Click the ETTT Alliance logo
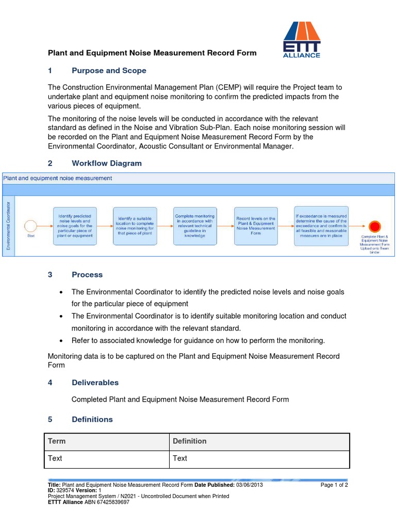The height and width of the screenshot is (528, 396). (302, 40)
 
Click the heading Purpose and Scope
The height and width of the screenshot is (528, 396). (109, 71)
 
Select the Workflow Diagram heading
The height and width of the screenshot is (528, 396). (106, 163)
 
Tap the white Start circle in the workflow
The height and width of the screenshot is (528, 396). (30, 226)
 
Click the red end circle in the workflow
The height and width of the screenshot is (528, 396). (375, 226)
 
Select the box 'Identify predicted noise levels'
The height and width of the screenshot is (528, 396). (75, 225)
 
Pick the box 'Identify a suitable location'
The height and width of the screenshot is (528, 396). (135, 225)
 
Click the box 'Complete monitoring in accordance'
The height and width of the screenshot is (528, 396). (195, 225)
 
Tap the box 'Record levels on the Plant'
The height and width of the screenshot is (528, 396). (255, 225)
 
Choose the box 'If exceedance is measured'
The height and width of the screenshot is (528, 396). (321, 225)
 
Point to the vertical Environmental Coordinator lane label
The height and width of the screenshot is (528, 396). (8, 226)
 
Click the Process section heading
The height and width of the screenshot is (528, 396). (87, 275)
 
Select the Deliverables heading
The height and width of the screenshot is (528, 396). (95, 383)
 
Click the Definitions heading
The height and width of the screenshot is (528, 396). (92, 419)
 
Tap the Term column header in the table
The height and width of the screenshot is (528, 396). (57, 441)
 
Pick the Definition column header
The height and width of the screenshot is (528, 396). (190, 441)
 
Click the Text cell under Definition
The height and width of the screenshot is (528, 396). (180, 458)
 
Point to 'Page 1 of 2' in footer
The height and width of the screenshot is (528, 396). (334, 485)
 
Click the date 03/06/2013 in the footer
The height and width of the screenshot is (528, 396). (250, 485)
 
